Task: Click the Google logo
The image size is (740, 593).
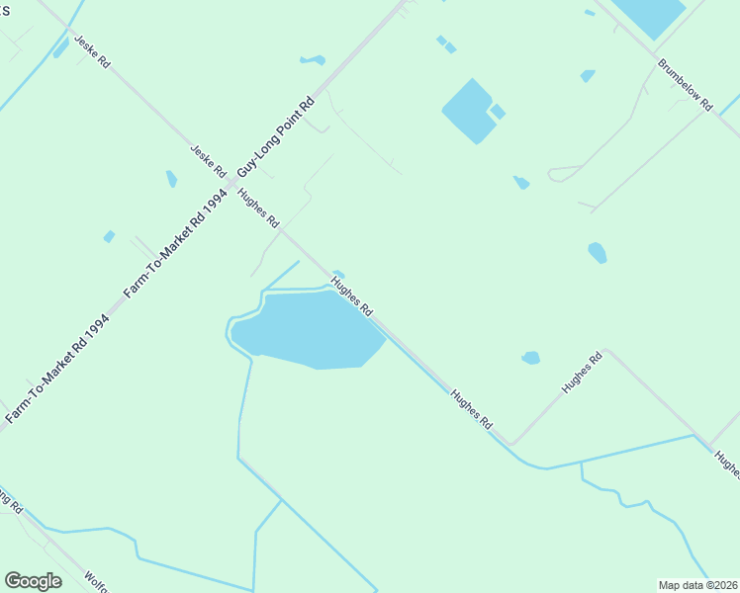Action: coord(33,581)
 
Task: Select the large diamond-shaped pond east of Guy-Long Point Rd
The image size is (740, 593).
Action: coord(468,110)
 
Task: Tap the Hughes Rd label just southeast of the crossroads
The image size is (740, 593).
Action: coord(259,208)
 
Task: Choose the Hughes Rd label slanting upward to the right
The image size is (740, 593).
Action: coord(582,375)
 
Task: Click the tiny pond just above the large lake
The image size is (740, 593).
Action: coord(338,275)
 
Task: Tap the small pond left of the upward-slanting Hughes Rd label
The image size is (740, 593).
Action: coord(531,357)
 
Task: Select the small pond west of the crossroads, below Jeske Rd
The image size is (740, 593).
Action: coord(171,179)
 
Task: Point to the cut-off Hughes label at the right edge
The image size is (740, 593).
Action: coord(726,465)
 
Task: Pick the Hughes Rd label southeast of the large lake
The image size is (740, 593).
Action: coord(471,408)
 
